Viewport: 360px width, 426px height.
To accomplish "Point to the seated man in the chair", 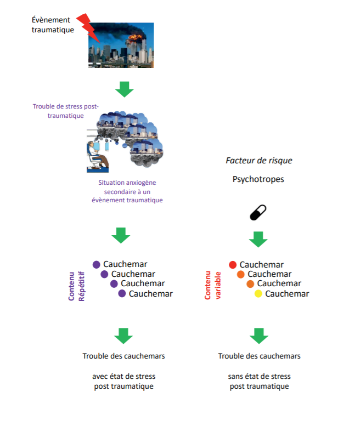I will pos(98,155).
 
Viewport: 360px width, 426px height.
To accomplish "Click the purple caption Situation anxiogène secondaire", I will pos(127,191).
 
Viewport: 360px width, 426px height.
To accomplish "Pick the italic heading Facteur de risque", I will pos(259,161).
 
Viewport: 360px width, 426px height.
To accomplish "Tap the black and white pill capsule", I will pos(258,212).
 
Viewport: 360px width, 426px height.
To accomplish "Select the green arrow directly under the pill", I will pos(258,238).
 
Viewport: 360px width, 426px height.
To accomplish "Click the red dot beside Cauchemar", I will pos(233,265).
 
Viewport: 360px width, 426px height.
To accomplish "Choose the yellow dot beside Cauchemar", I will pos(258,294).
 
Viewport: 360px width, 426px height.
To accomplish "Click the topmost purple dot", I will pos(97,265).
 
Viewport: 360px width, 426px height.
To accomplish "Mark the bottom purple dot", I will pos(122,294).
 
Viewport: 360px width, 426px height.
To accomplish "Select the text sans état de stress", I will pos(259,377).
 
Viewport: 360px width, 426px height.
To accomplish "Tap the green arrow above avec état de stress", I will pos(123,336).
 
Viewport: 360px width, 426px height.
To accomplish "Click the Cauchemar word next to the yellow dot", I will pos(287,294).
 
